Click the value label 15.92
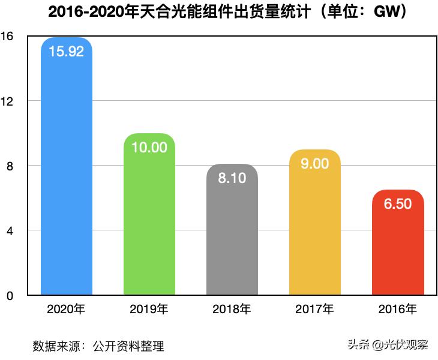(x=66, y=51)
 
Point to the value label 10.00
(x=149, y=147)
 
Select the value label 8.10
(x=232, y=178)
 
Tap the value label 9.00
(x=314, y=163)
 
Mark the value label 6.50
(x=397, y=204)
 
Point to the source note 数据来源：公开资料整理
(x=98, y=346)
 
